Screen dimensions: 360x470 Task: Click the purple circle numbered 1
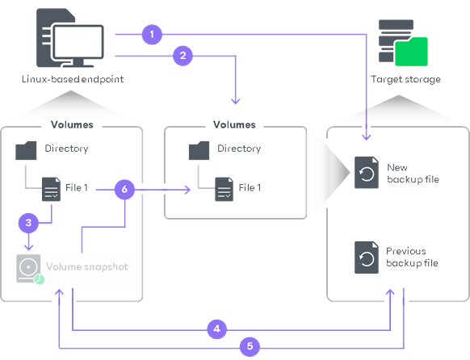[x=150, y=35]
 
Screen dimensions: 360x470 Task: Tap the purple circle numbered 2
[x=183, y=56]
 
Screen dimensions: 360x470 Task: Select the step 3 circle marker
[x=28, y=221]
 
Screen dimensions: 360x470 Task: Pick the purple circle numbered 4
[x=216, y=329]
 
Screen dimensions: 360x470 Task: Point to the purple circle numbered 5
[x=250, y=346]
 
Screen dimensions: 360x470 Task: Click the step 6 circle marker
[x=124, y=190]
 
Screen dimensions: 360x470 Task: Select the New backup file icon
[x=366, y=174]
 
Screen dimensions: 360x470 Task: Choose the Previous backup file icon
[x=366, y=257]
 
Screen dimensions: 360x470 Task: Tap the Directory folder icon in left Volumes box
[x=26, y=149]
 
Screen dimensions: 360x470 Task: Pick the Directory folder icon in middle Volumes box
[x=199, y=149]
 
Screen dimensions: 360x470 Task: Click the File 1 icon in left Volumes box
[x=52, y=189]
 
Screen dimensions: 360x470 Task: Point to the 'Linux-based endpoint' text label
[x=71, y=79]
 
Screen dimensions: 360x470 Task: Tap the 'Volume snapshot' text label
[x=86, y=266]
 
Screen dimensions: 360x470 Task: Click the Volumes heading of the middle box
[x=234, y=125]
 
